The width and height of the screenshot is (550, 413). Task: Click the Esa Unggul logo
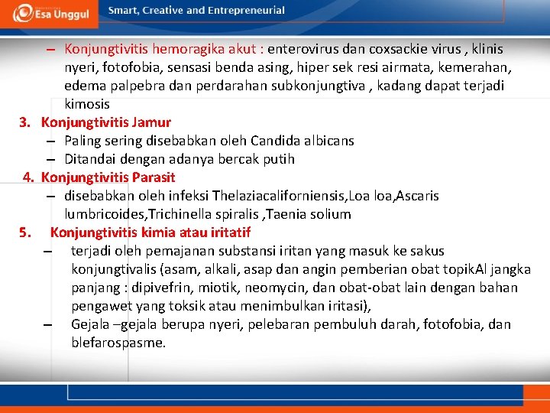coord(50,13)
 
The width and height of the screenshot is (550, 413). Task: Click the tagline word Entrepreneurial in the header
coord(247,11)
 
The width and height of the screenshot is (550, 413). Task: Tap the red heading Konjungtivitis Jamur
coord(106,122)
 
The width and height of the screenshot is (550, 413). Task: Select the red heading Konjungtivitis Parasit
coord(108,177)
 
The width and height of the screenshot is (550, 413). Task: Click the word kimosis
coord(87,104)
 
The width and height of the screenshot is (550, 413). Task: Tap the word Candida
coord(275,141)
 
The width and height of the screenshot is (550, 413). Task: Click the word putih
coord(279,159)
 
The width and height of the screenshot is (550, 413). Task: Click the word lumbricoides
coord(101,214)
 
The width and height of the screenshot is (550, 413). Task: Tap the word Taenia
coord(292,214)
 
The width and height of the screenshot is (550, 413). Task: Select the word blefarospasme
coord(118,343)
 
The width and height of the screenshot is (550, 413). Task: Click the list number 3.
coord(24,122)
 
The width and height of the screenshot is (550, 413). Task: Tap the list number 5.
coord(25,233)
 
